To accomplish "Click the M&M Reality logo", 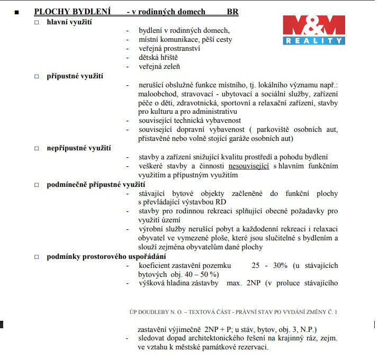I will pos(314,29).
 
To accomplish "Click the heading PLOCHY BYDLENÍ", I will pos(73,12).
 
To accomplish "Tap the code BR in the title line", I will pos(232,12).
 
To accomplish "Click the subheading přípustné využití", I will pos(75,76).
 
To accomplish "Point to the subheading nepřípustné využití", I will pos(79,148).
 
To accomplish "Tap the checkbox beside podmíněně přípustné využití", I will pos(37,185).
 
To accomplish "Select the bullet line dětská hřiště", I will pos(158,57).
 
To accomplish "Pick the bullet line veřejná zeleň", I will pos(159,66).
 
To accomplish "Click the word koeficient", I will pos(157,265).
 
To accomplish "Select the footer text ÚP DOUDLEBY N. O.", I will pos(158,312).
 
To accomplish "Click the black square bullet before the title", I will pos(17,12).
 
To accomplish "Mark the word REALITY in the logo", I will pos(314,41).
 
